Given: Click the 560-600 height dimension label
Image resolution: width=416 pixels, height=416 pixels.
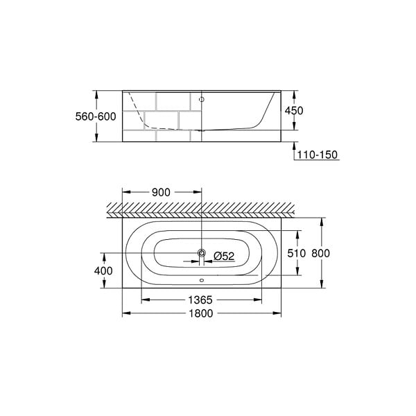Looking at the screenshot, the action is click(96, 116).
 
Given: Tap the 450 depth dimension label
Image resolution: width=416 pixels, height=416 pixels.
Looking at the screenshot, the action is click(294, 111).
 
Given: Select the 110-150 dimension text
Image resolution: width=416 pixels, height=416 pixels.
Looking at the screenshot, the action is click(318, 155).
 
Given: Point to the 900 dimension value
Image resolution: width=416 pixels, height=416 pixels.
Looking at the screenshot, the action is click(161, 192).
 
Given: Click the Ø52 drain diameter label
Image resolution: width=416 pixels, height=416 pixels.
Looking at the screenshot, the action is click(224, 256).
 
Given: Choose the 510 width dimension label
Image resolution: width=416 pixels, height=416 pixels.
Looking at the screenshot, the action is click(297, 253).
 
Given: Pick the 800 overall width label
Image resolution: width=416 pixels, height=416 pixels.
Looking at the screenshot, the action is click(320, 253).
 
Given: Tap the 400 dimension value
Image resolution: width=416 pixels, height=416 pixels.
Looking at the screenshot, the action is click(103, 271).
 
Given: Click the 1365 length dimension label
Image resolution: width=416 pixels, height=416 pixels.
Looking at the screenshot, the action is click(200, 300).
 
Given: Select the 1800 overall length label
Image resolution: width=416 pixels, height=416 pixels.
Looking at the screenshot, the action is click(201, 313).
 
